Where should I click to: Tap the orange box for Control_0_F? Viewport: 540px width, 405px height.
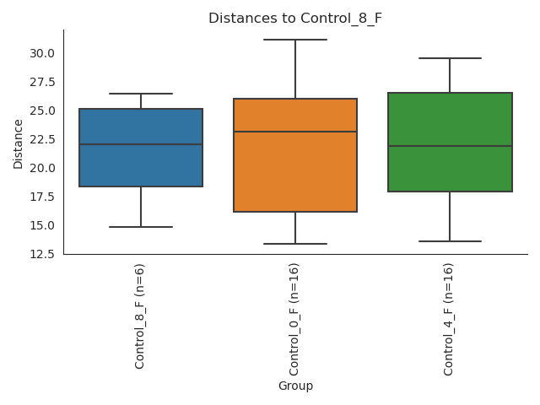tap(295, 169)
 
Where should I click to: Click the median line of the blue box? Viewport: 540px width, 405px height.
tap(141, 144)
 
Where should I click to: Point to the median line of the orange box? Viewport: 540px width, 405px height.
tap(295, 132)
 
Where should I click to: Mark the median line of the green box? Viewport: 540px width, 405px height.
tap(450, 146)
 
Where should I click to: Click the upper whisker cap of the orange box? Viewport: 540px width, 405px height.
tap(295, 40)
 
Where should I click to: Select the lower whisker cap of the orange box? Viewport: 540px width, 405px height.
tap(295, 244)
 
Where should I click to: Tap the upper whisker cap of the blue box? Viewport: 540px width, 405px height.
tap(141, 94)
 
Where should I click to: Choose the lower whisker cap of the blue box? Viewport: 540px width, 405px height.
tap(141, 227)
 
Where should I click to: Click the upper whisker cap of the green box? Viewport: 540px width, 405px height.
tap(450, 58)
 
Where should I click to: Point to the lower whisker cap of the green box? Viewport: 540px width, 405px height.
tap(450, 241)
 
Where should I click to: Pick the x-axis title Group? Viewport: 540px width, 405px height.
tap(295, 386)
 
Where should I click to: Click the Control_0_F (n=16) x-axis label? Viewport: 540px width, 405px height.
tap(295, 319)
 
